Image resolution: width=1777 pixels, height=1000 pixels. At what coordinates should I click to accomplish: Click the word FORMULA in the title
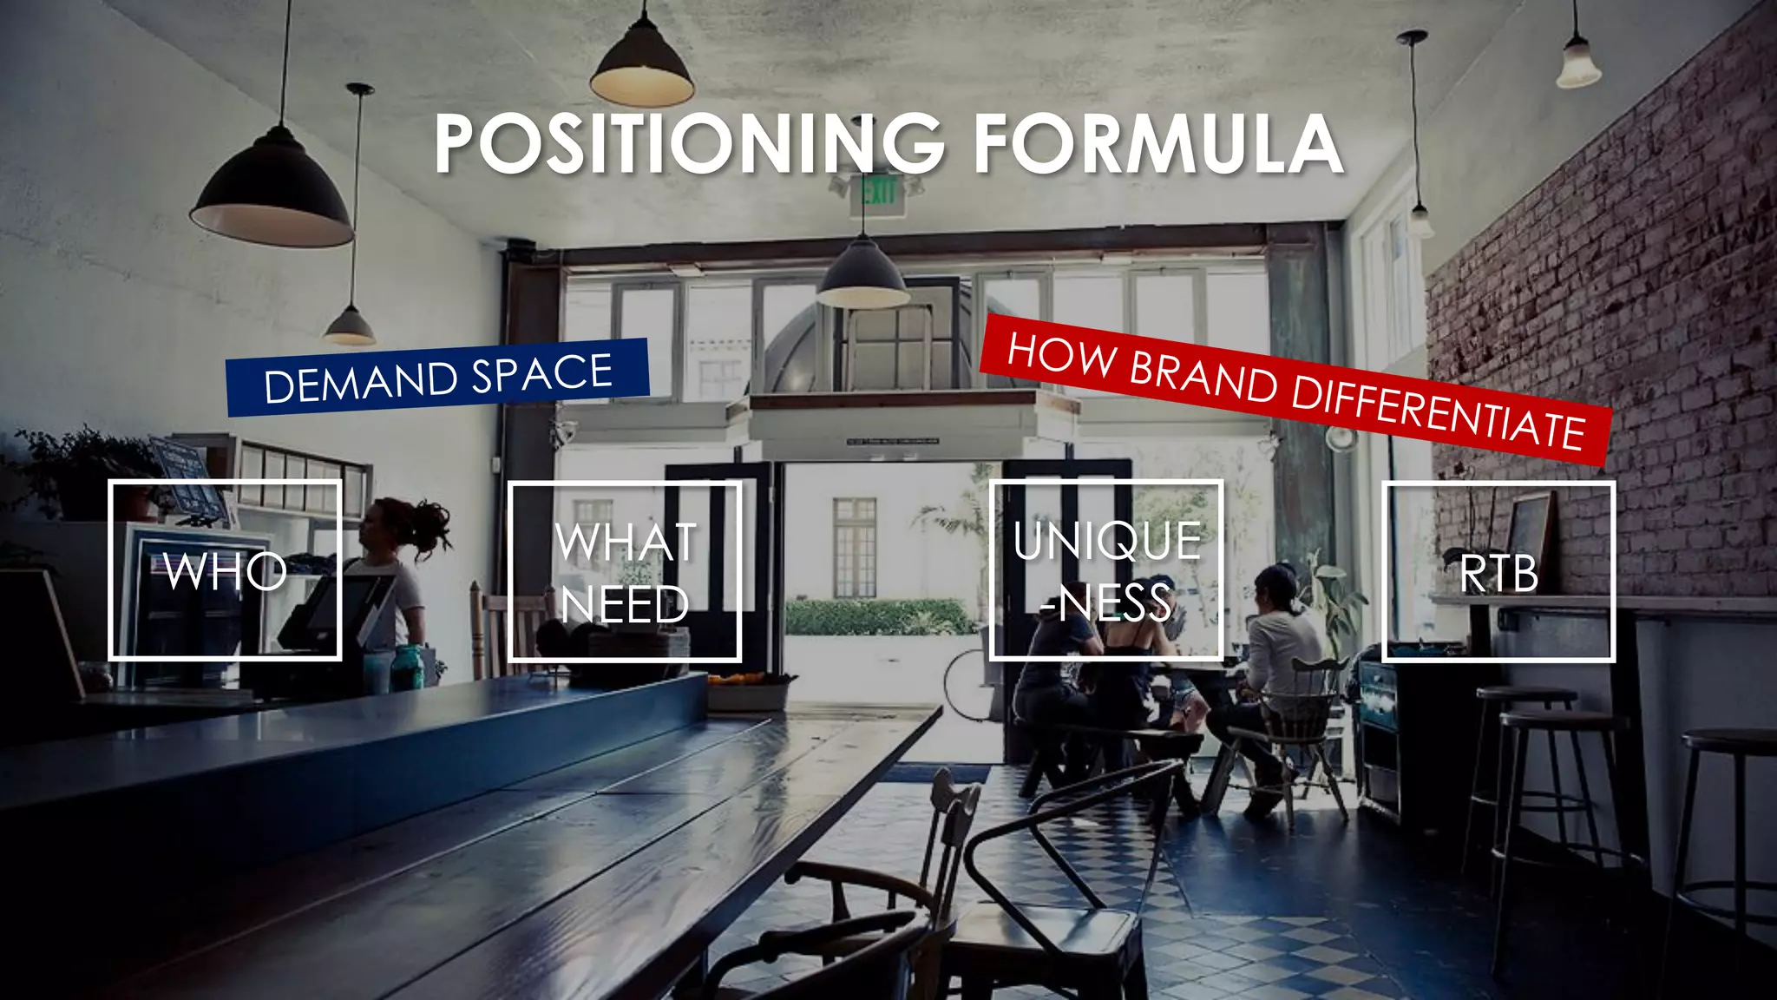pos(1158,143)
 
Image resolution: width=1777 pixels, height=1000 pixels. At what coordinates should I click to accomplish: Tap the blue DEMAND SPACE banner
pos(438,377)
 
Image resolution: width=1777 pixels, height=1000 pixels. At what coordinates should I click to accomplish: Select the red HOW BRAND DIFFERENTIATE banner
pos(1295,391)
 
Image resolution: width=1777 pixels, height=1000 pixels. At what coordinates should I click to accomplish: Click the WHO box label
pos(225,571)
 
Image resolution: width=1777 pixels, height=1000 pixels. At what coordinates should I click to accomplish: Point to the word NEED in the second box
pos(625,604)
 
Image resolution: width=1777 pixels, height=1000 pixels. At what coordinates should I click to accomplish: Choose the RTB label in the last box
pos(1498,574)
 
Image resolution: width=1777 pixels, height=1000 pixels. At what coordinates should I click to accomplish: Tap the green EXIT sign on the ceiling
pos(878,191)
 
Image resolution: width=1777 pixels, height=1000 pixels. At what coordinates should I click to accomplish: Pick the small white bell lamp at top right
pos(1577,65)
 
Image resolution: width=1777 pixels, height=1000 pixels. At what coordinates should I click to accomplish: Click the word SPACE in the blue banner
pos(542,373)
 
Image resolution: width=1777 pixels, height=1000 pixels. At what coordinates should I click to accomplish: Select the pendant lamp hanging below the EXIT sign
pos(862,276)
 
